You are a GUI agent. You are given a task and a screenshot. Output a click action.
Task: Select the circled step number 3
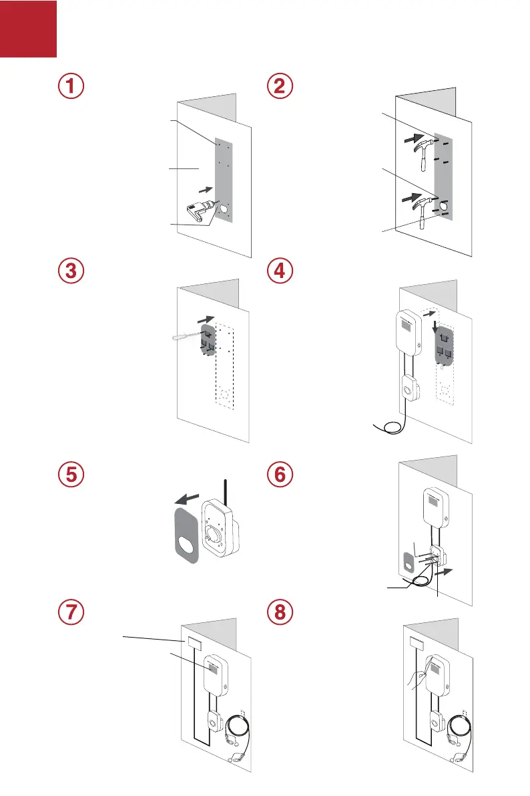pos(71,273)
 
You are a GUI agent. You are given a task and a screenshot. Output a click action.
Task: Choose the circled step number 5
pos(71,477)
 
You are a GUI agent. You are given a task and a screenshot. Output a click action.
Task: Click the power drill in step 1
pos(199,211)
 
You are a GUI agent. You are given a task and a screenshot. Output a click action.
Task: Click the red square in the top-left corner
pos(28,28)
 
